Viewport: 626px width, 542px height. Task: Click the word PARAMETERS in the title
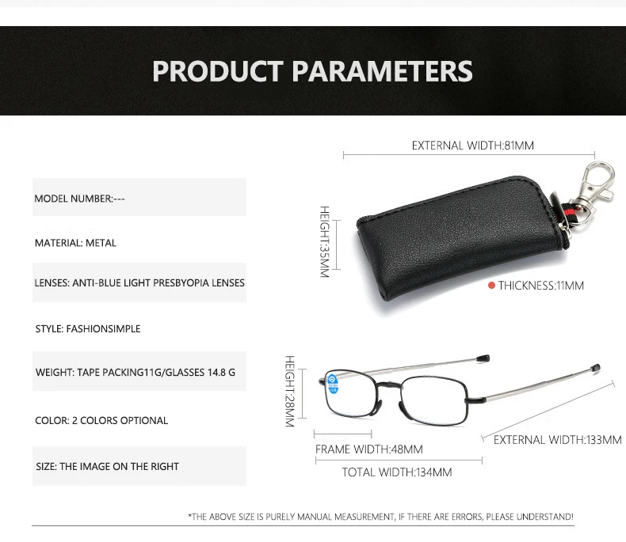click(382, 71)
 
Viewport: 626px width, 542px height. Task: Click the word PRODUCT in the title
click(218, 71)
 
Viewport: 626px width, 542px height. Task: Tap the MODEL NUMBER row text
click(79, 199)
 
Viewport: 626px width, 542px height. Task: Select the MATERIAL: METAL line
click(75, 243)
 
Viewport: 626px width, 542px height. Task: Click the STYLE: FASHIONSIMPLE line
click(88, 329)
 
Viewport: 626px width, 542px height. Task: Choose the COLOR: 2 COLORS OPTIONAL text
click(101, 420)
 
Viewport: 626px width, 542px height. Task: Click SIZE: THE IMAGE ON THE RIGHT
click(108, 466)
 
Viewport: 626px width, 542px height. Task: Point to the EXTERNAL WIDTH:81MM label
click(473, 146)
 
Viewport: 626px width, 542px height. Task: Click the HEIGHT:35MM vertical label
click(325, 241)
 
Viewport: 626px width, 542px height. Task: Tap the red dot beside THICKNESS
click(491, 286)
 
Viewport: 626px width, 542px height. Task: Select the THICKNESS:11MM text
click(541, 286)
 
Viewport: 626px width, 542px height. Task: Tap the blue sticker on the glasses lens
click(333, 385)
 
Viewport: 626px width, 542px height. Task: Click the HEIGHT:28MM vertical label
click(290, 392)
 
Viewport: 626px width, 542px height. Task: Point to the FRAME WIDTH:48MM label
click(369, 449)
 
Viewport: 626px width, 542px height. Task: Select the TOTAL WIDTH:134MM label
click(397, 472)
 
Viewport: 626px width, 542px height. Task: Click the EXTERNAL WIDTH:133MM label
click(557, 440)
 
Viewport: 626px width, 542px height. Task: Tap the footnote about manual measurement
click(381, 517)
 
